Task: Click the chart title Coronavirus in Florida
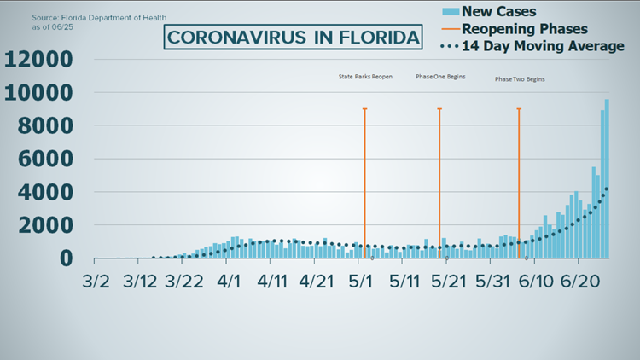point(294,38)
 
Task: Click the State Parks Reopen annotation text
point(365,78)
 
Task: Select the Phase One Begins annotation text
point(440,78)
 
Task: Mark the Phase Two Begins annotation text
point(520,79)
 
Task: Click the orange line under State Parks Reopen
point(364,171)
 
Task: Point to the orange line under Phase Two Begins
point(519,171)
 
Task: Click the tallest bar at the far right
point(607,179)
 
